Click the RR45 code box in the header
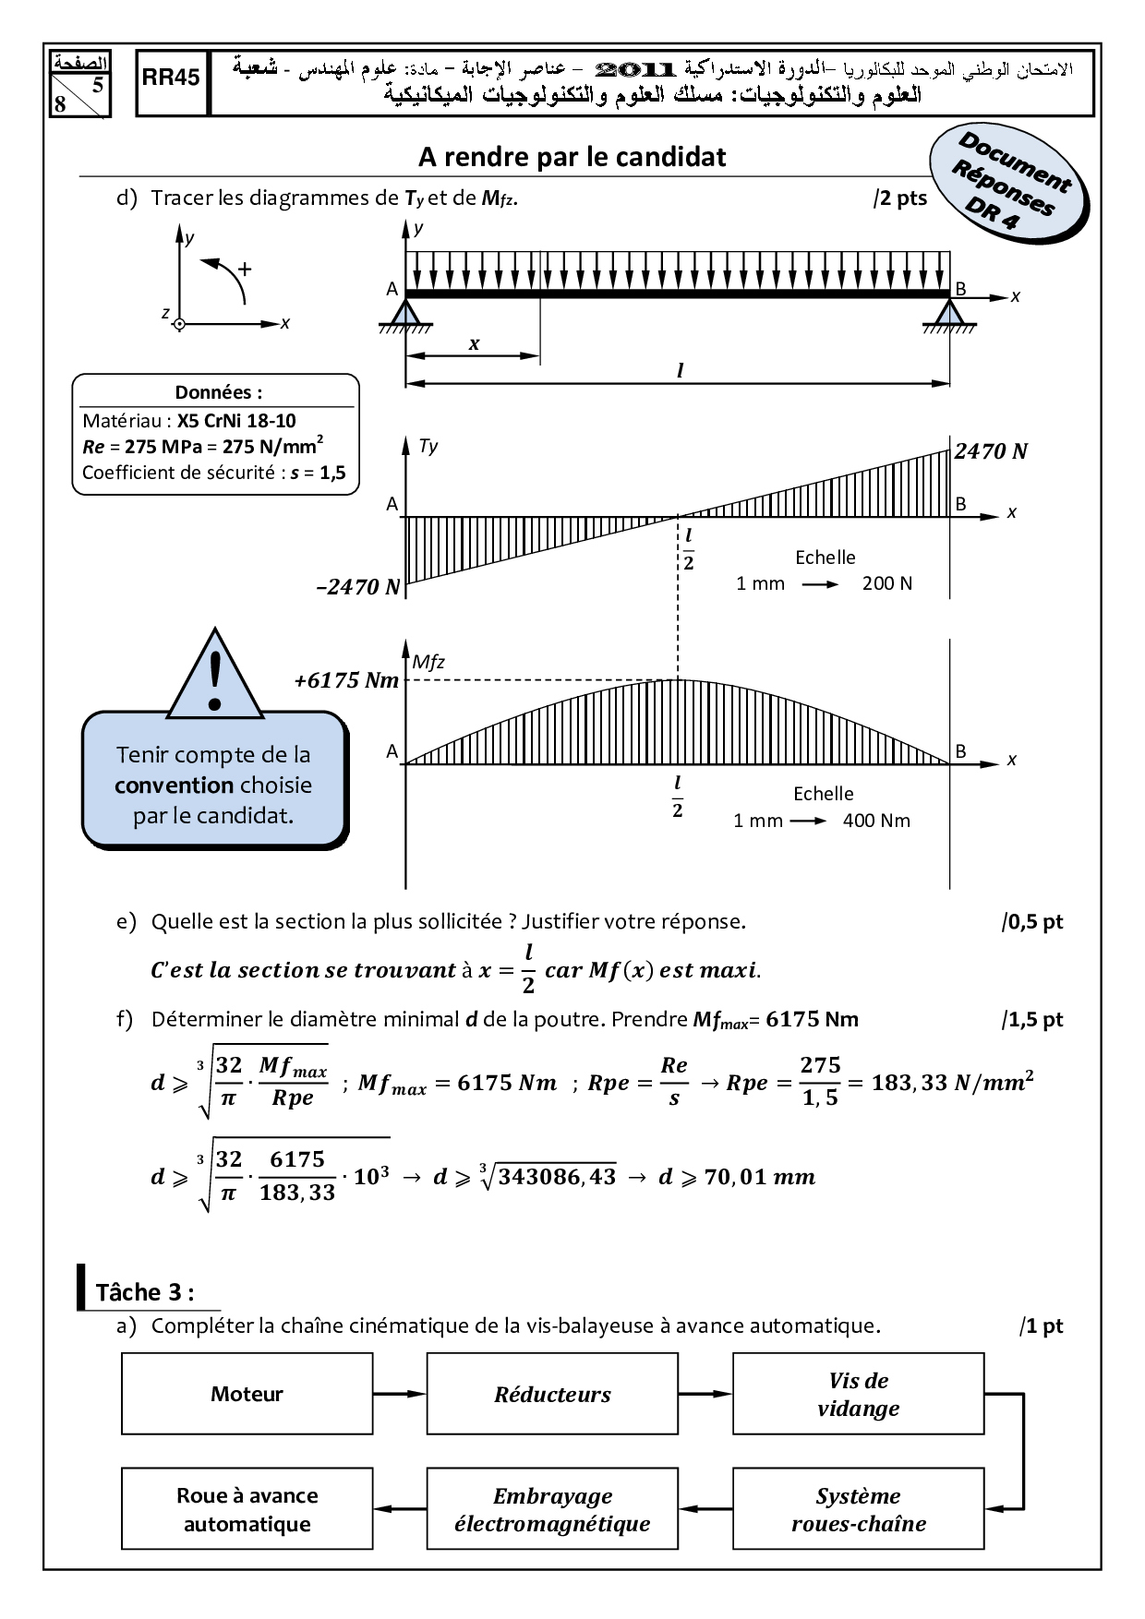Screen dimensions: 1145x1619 (x=172, y=83)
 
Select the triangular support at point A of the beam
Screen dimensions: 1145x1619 (x=404, y=313)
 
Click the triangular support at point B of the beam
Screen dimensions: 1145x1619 (x=950, y=313)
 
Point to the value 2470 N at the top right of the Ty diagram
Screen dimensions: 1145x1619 (x=991, y=451)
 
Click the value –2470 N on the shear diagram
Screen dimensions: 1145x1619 (x=358, y=587)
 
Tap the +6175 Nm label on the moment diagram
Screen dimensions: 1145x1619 (x=346, y=680)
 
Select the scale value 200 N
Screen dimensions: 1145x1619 (x=886, y=583)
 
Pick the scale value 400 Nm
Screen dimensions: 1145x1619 (x=876, y=821)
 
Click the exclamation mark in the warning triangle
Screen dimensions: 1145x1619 (x=216, y=681)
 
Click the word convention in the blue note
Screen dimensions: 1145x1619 (x=174, y=786)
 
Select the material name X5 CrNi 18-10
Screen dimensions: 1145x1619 (x=236, y=421)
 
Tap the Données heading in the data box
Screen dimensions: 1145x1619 (x=218, y=392)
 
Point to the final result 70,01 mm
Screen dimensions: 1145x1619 (x=759, y=1177)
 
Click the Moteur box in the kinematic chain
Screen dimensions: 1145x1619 (x=247, y=1394)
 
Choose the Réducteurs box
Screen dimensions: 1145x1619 (x=552, y=1394)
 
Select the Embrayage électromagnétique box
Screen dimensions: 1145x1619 (x=552, y=1509)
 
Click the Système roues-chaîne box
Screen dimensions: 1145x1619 (x=859, y=1509)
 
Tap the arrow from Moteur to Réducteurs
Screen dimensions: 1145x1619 (x=400, y=1394)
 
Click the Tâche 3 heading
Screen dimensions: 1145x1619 (x=145, y=1292)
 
